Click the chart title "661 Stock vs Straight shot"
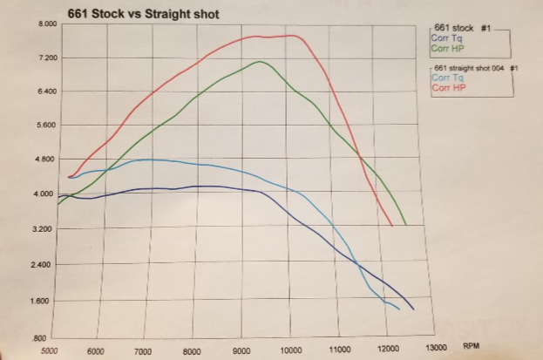point(143,14)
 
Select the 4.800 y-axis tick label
point(44,160)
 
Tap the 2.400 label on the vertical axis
point(44,264)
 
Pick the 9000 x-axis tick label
point(243,351)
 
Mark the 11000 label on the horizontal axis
point(339,350)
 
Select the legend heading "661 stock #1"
point(462,28)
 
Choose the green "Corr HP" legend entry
point(446,47)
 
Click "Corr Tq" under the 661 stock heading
point(445,37)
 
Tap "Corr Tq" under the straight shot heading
point(445,78)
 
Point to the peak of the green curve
point(260,62)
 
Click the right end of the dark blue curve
point(413,309)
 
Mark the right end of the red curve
point(391,226)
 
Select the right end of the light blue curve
point(399,309)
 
